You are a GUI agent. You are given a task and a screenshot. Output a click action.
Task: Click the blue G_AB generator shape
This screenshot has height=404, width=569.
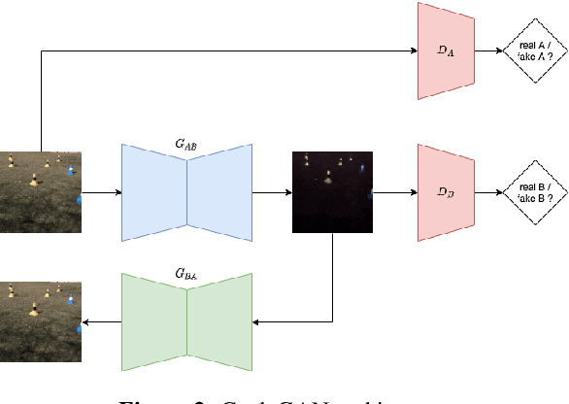pyautogui.click(x=186, y=192)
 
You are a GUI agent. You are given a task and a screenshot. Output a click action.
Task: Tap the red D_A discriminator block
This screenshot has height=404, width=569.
pyautogui.click(x=445, y=50)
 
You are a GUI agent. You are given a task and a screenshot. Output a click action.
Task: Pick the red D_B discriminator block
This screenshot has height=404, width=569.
pyautogui.click(x=445, y=192)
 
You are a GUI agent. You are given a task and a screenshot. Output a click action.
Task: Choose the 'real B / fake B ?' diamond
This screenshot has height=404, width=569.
pyautogui.click(x=528, y=192)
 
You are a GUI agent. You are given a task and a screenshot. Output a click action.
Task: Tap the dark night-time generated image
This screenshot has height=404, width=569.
pyautogui.click(x=332, y=192)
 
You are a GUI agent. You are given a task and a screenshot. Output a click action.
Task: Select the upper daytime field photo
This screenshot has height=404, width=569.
pyautogui.click(x=40, y=192)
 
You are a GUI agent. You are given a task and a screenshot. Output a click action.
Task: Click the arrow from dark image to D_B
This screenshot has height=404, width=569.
pyautogui.click(x=394, y=192)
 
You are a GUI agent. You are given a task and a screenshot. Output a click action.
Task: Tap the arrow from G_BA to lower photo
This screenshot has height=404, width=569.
pyautogui.click(x=101, y=321)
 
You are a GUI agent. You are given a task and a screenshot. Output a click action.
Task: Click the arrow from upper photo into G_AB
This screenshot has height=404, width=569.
pyautogui.click(x=101, y=192)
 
